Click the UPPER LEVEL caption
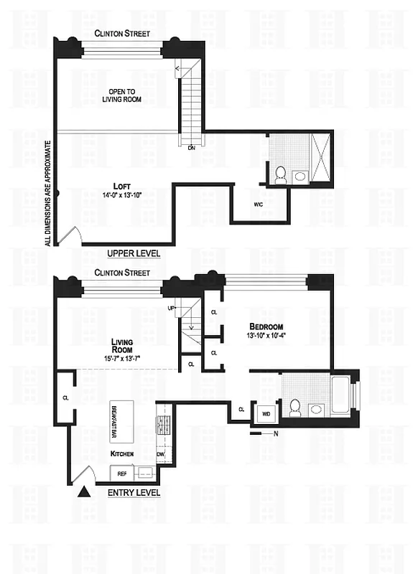(x=134, y=254)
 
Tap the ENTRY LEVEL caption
(x=134, y=493)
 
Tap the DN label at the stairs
(x=191, y=148)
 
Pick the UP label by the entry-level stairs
(x=171, y=308)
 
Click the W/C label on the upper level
(x=258, y=204)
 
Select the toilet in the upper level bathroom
(x=281, y=174)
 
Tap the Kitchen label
(x=123, y=454)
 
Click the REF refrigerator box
(x=122, y=474)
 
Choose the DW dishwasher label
(x=161, y=454)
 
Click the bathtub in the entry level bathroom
(x=341, y=393)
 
